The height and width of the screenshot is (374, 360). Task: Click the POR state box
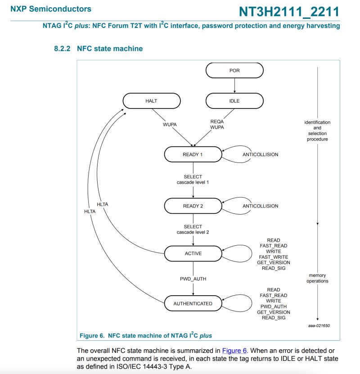click(x=234, y=70)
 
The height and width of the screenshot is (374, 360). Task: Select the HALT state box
click(x=151, y=101)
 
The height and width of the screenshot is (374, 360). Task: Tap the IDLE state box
click(x=234, y=101)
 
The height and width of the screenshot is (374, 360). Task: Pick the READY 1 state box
click(x=193, y=154)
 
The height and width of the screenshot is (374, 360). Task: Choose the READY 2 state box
click(x=193, y=206)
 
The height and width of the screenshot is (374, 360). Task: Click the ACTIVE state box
click(x=193, y=253)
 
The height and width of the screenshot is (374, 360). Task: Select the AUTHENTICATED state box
click(x=193, y=303)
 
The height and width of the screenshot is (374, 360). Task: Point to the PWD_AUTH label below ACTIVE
click(x=193, y=279)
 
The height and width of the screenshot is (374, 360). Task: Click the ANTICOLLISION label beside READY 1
click(x=261, y=154)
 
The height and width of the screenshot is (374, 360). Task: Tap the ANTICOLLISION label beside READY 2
click(x=261, y=206)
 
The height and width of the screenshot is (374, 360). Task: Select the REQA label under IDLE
click(x=217, y=122)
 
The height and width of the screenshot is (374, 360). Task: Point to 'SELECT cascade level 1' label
click(x=193, y=180)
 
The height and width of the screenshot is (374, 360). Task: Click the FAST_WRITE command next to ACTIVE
click(x=274, y=257)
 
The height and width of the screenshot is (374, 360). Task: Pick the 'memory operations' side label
click(x=317, y=278)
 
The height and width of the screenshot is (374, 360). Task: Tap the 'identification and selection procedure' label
click(x=317, y=131)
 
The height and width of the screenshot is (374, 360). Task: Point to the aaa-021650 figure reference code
click(x=319, y=325)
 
